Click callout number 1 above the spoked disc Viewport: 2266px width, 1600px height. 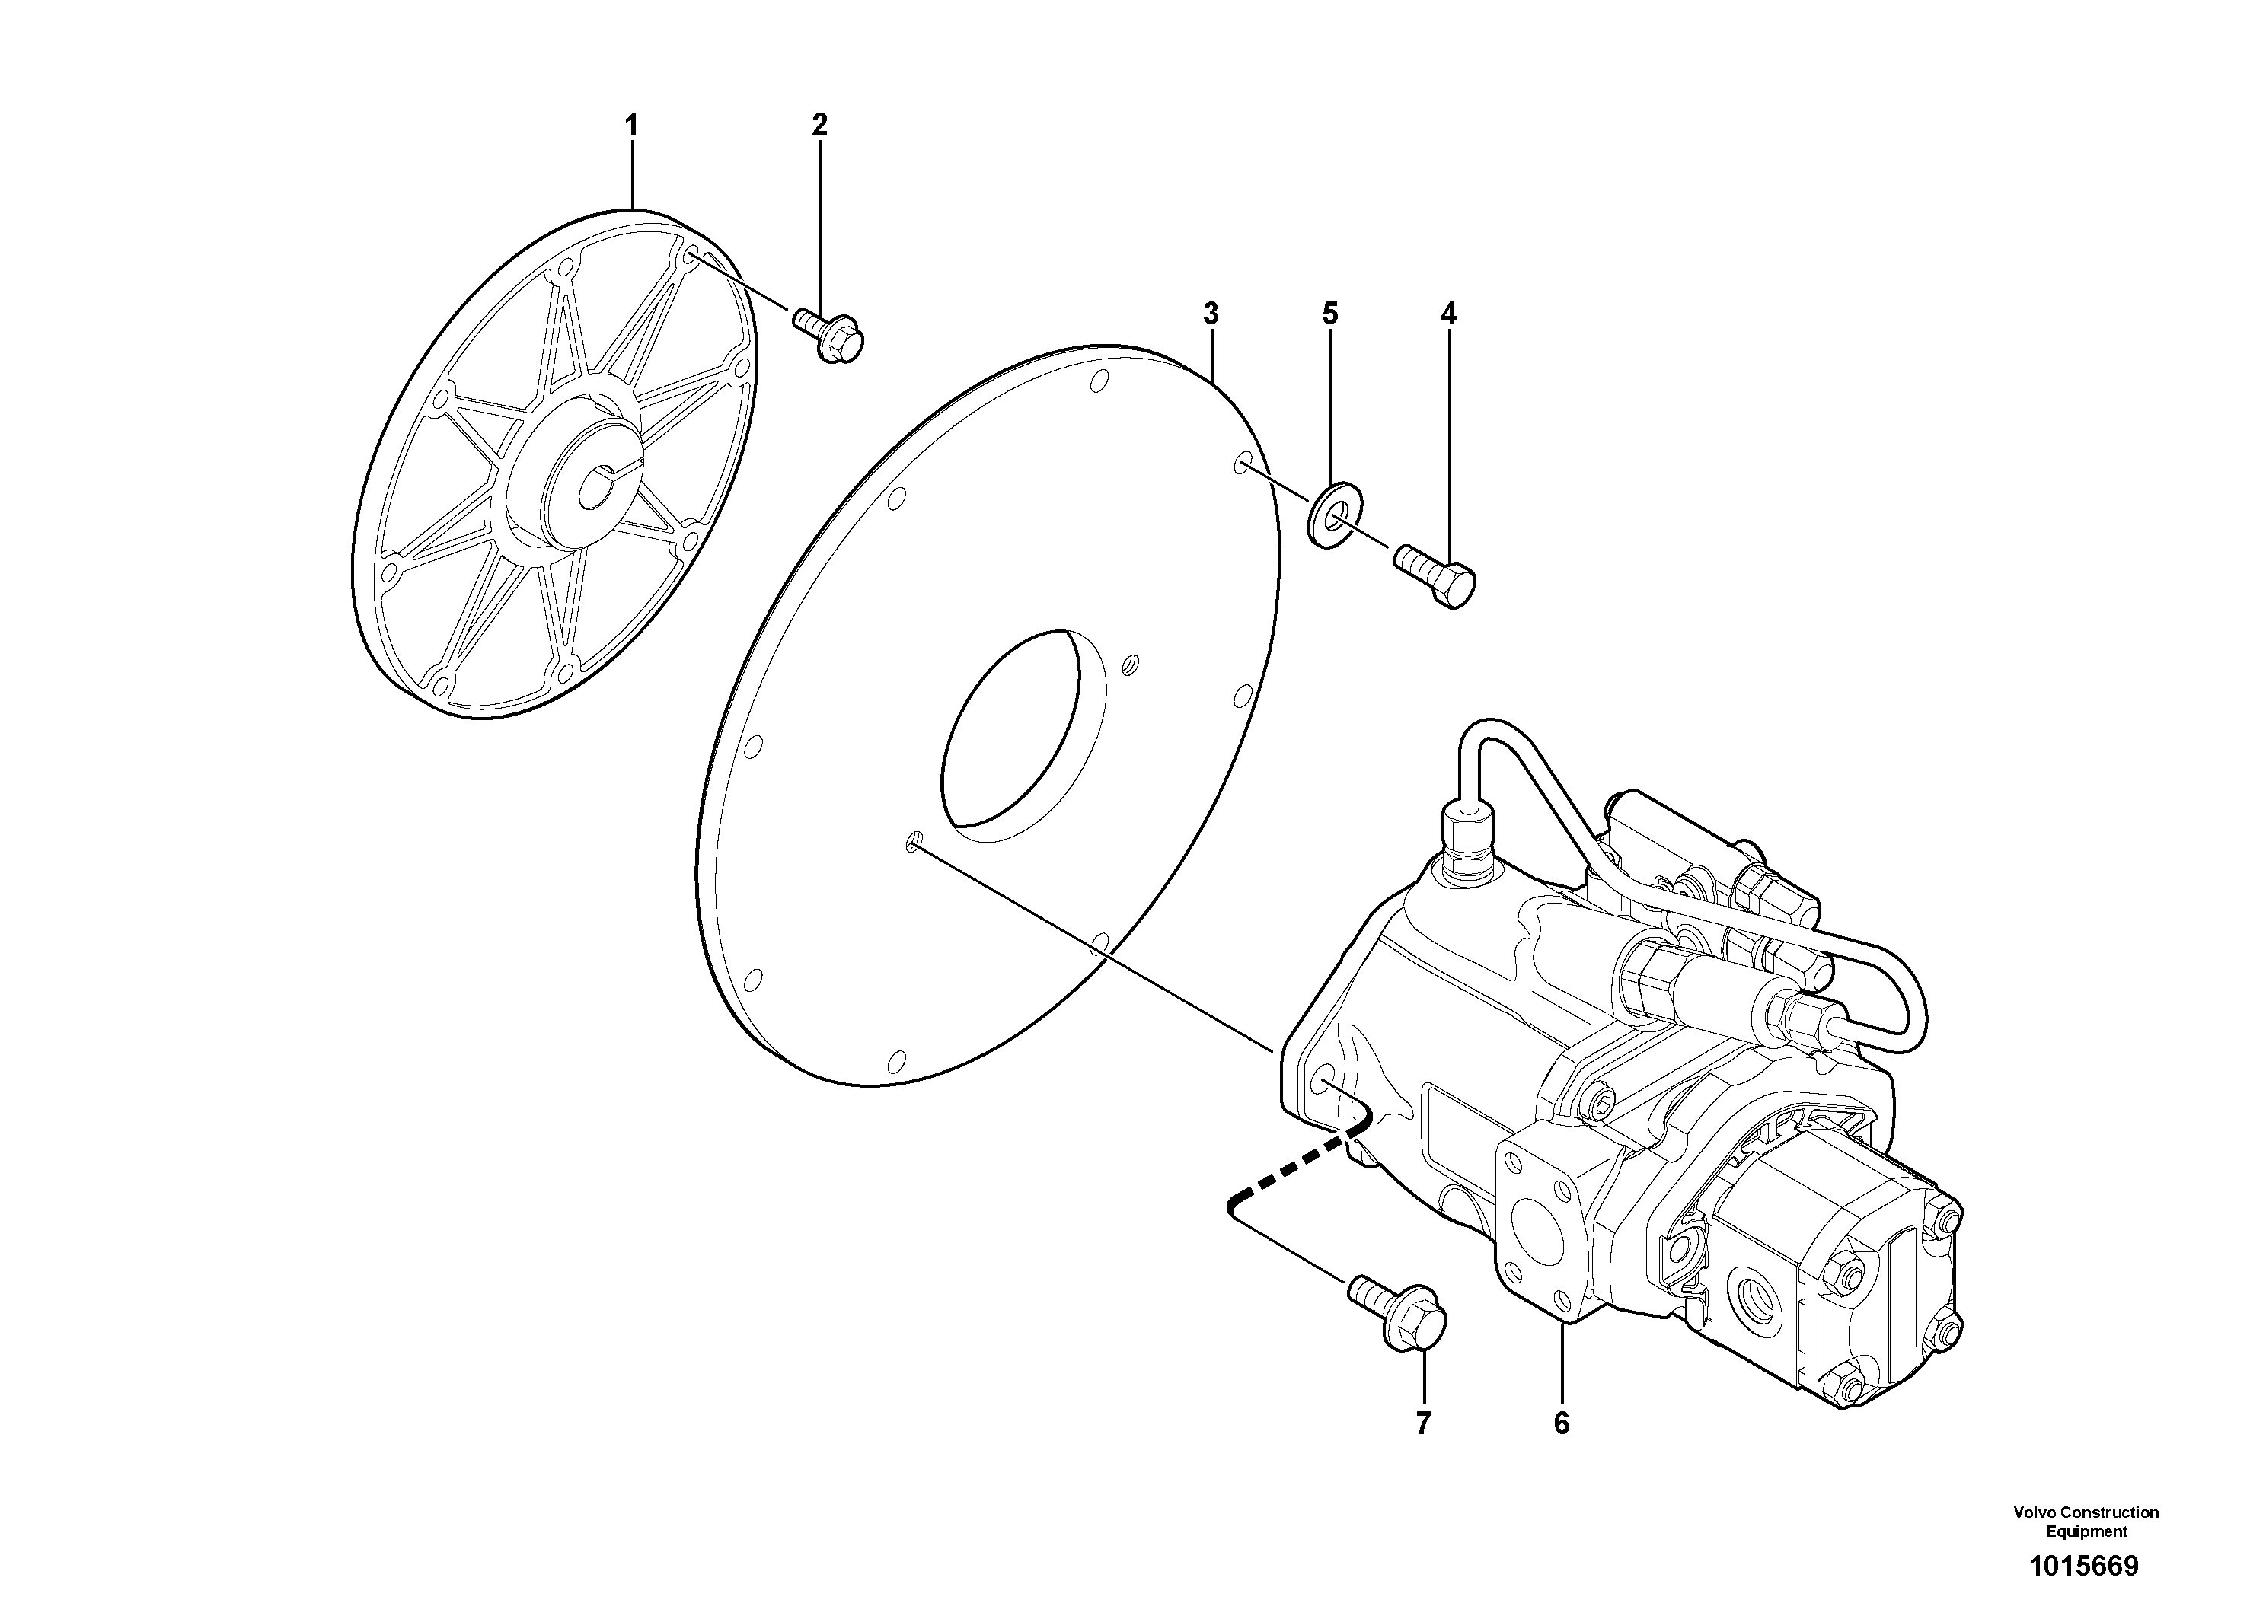pyautogui.click(x=632, y=126)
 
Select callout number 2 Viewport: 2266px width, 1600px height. pyautogui.click(x=819, y=126)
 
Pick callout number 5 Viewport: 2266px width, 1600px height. pyautogui.click(x=1329, y=314)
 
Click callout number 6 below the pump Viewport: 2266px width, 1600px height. pyautogui.click(x=1562, y=1423)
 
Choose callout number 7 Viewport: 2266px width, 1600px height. pyautogui.click(x=1423, y=1423)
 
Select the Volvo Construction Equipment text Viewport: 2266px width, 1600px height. pyautogui.click(x=2086, y=1520)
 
